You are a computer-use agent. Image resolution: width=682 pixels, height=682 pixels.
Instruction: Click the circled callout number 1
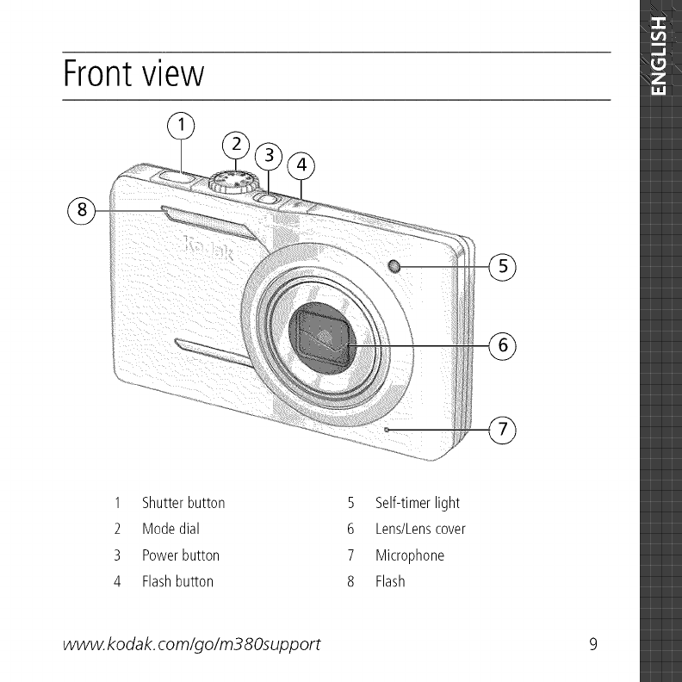click(x=181, y=125)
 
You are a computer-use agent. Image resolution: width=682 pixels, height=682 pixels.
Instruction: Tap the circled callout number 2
click(x=236, y=145)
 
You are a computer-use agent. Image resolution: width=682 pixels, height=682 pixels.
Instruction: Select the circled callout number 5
click(x=503, y=266)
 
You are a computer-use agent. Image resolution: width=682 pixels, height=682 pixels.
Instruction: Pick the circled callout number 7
click(x=503, y=430)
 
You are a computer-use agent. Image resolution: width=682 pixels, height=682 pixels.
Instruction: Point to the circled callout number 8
click(x=82, y=210)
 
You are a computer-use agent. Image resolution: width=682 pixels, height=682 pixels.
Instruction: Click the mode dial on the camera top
click(x=232, y=181)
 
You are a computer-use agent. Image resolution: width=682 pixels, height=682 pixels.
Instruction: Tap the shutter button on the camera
click(x=177, y=177)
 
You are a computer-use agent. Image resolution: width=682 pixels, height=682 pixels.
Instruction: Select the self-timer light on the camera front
click(x=394, y=266)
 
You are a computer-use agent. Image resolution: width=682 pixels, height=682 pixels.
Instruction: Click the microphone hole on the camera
click(x=387, y=430)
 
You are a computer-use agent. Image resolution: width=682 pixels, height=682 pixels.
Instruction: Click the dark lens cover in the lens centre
click(x=322, y=338)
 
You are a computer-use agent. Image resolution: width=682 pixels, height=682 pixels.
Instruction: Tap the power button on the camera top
click(x=268, y=199)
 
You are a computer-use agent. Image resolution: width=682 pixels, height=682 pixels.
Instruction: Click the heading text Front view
click(x=134, y=74)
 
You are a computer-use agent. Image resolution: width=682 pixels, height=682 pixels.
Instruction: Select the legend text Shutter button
click(x=183, y=503)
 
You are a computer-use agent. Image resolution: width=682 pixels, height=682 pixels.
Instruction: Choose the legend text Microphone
click(x=410, y=555)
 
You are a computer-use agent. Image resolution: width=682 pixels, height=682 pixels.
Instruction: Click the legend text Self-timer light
click(x=418, y=503)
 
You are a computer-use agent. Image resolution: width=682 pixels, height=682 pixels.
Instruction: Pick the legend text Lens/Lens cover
click(x=420, y=529)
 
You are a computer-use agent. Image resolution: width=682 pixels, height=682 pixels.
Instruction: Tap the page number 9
click(x=593, y=644)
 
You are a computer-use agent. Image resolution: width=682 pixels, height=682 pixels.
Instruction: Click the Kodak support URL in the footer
click(x=192, y=645)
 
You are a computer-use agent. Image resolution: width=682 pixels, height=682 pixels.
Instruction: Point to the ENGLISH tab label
click(x=659, y=56)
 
